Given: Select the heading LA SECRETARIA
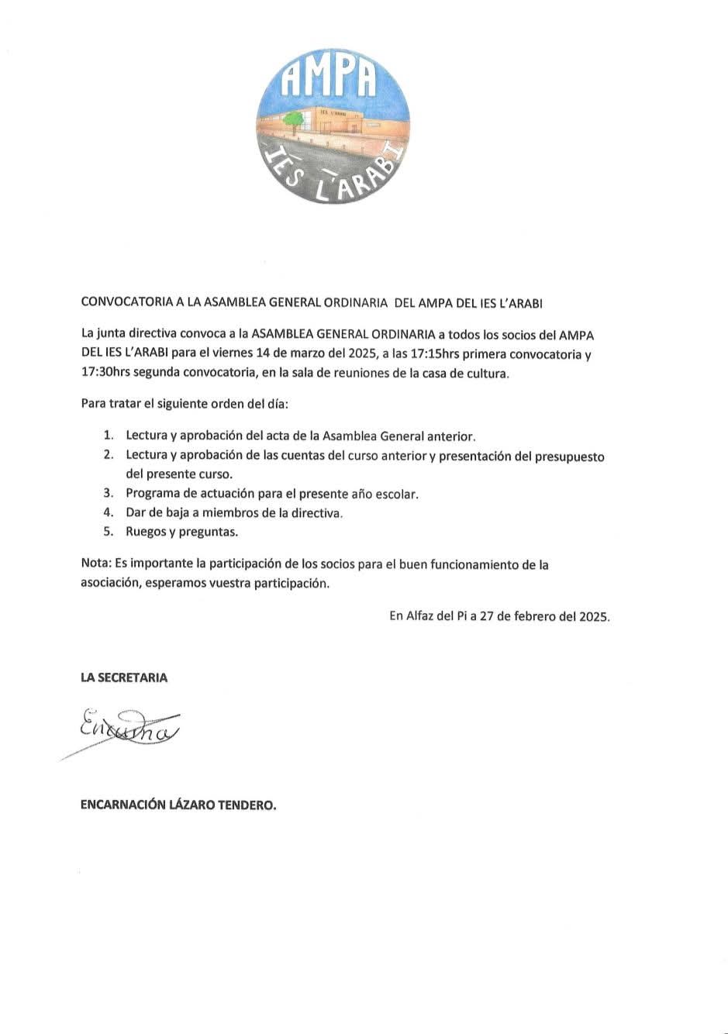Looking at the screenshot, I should point(124,677).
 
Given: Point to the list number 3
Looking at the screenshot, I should point(109,494).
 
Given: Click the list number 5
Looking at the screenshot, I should point(109,533).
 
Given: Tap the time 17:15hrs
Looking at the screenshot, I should point(432,356).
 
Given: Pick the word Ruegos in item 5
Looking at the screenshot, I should point(146,533).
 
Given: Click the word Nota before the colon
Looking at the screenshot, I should point(95,565).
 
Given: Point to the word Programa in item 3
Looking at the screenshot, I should point(154,494).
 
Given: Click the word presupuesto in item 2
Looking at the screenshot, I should point(569,457).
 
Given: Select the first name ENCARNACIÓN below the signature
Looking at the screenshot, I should point(122,805).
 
